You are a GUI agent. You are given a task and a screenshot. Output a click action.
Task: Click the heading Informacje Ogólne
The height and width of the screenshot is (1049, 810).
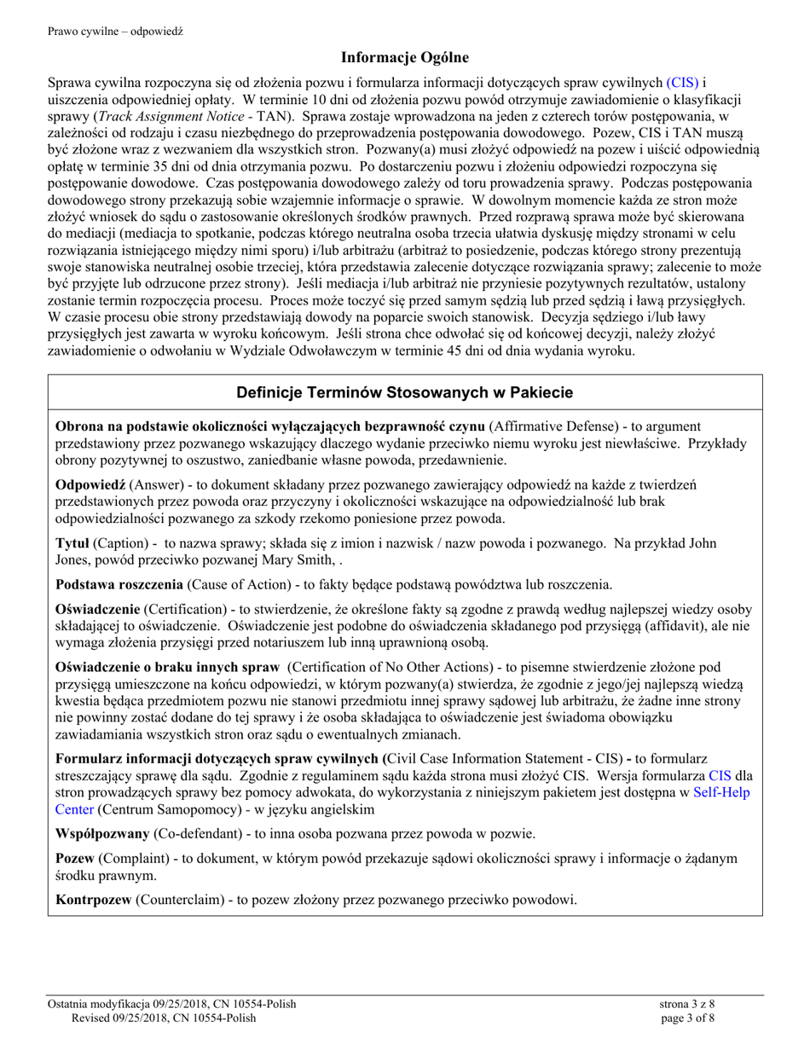tap(405, 58)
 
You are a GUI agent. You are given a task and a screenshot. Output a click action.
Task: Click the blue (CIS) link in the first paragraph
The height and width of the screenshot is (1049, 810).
tap(682, 83)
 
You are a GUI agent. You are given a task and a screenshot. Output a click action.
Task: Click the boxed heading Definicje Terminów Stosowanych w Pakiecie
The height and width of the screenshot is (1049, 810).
tap(404, 392)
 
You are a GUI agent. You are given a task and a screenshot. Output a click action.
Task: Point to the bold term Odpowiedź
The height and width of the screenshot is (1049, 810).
tap(84, 484)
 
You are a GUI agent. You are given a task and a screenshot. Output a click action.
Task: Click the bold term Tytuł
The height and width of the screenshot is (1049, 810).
tap(72, 543)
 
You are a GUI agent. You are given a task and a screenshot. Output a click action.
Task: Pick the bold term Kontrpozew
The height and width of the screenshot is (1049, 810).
tap(93, 898)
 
